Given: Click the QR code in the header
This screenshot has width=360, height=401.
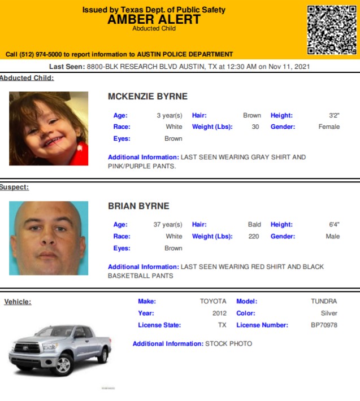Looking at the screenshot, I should pyautogui.click(x=332, y=29).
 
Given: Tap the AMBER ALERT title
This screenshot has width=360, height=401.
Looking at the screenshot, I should pyautogui.click(x=154, y=19).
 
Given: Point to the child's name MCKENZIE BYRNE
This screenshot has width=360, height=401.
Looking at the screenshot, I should pyautogui.click(x=148, y=97).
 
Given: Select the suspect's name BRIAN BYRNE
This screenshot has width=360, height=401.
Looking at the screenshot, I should pyautogui.click(x=138, y=206).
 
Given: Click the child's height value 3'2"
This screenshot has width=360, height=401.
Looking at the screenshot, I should pyautogui.click(x=334, y=115).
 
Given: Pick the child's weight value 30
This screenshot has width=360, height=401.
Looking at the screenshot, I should pyautogui.click(x=255, y=127).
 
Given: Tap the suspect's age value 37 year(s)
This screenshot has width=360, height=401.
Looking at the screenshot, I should pyautogui.click(x=168, y=225).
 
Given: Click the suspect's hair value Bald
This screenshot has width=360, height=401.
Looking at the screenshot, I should pyautogui.click(x=254, y=225).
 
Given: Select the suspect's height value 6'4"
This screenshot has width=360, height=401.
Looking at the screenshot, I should pyautogui.click(x=334, y=225).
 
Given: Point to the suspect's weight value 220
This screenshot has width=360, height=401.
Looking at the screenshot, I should pyautogui.click(x=254, y=237).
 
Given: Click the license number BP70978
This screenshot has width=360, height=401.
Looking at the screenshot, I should pyautogui.click(x=324, y=325).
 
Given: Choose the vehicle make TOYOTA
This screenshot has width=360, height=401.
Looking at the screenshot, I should pyautogui.click(x=213, y=302).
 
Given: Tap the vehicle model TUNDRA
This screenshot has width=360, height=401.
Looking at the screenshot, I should pyautogui.click(x=324, y=302).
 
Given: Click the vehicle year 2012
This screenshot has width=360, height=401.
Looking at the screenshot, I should pyautogui.click(x=219, y=313).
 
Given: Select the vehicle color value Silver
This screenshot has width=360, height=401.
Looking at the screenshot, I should pyautogui.click(x=329, y=313).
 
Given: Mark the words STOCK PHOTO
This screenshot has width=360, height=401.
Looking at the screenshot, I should pyautogui.click(x=228, y=343).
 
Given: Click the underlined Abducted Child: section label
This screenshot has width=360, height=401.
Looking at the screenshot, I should pyautogui.click(x=27, y=78).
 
